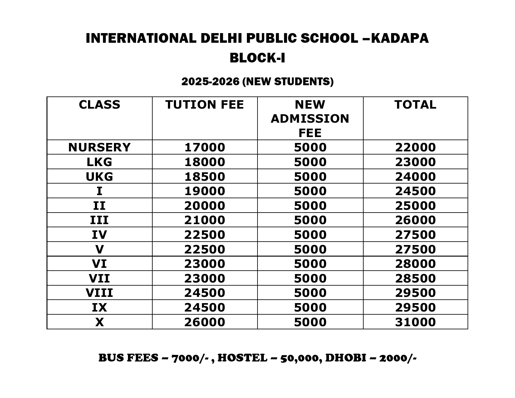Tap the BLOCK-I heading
coord(257,58)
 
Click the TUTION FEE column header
coord(204,105)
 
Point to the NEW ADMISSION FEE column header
coord(310,119)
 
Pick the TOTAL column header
coord(415,105)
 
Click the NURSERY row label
coord(99,147)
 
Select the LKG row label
coord(99,162)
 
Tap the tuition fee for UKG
coord(204,177)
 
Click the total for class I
coord(415,191)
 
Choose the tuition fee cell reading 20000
coord(204,206)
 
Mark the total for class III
coord(415,220)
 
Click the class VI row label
coord(99,264)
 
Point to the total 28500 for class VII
coord(415,278)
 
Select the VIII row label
coord(99,293)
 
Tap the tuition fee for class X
coord(204,322)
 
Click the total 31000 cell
coord(415,322)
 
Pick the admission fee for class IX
coord(310,307)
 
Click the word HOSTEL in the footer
coord(242,358)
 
